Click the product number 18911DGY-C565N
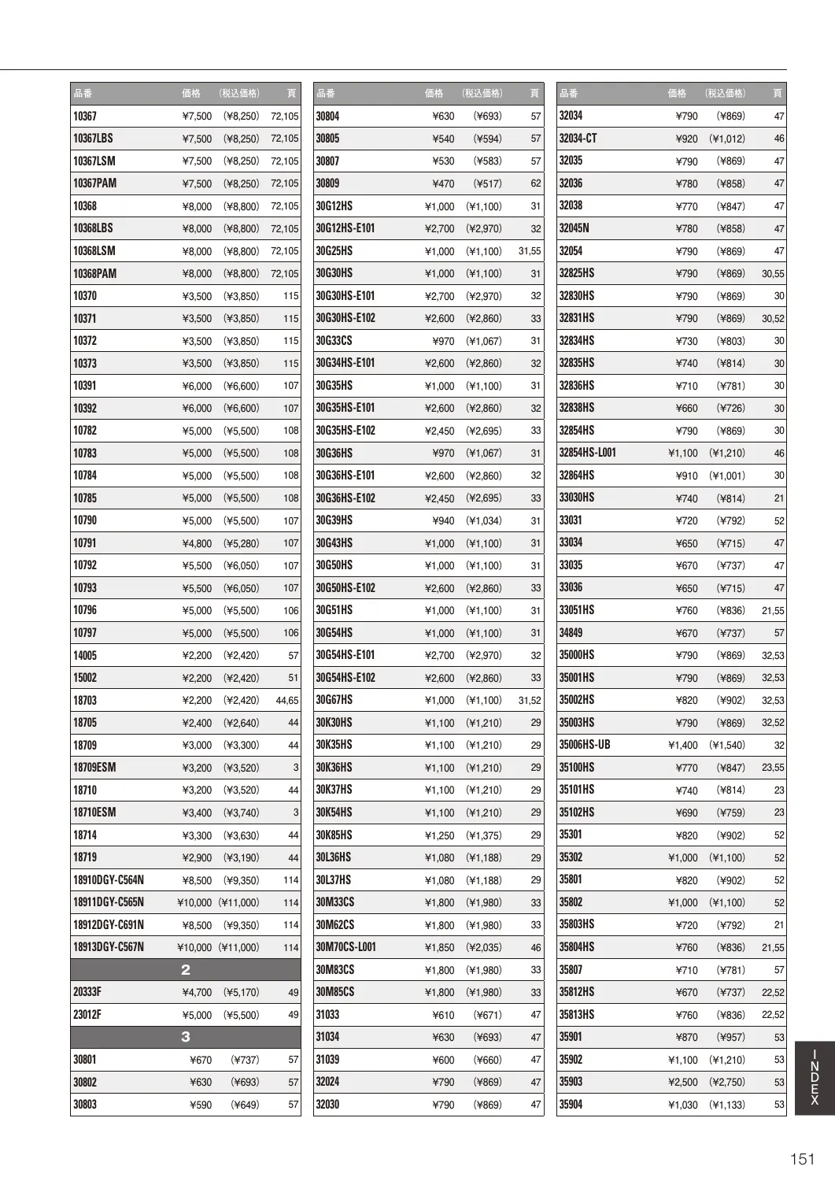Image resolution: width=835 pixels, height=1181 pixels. [x=109, y=902]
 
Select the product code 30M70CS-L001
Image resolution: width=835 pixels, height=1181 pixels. [x=345, y=947]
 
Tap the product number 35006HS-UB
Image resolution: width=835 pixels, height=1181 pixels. [x=585, y=745]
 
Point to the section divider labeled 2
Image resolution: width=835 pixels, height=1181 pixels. [x=186, y=970]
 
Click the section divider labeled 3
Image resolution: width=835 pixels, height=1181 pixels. [x=186, y=1037]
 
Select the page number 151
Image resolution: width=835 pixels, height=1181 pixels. [x=802, y=1159]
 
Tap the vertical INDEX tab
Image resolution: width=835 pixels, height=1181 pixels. [x=815, y=1077]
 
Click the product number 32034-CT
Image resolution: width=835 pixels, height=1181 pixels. [x=578, y=139]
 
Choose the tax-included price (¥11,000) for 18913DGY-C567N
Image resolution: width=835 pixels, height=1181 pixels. [x=238, y=947]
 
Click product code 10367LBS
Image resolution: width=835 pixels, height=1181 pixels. [x=93, y=139]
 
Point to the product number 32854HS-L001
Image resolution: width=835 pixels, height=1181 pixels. [x=587, y=453]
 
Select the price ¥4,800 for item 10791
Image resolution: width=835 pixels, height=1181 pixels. [x=197, y=543]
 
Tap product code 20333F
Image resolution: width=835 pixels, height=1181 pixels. [x=87, y=992]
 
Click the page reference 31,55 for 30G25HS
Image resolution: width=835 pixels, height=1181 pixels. [x=530, y=251]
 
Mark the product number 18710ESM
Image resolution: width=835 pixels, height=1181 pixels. [x=94, y=813]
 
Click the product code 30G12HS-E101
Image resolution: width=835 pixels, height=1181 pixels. [x=345, y=228]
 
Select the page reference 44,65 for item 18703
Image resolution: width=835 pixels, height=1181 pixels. [x=287, y=700]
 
